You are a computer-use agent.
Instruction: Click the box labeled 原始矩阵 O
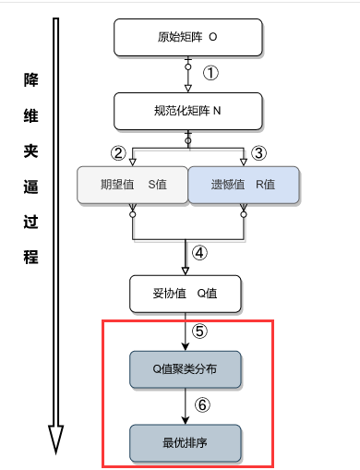[x=188, y=38]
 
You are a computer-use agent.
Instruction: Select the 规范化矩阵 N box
[x=188, y=111]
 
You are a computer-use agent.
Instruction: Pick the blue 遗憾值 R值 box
[x=245, y=184]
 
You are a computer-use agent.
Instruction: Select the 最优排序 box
[x=185, y=441]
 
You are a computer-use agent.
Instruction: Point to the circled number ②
[x=118, y=152]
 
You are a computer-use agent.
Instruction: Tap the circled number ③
[x=258, y=152]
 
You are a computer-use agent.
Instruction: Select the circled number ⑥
[x=202, y=404]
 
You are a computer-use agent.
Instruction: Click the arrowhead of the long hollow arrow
[x=56, y=440]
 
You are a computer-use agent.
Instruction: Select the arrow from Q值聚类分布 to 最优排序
[x=185, y=405]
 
